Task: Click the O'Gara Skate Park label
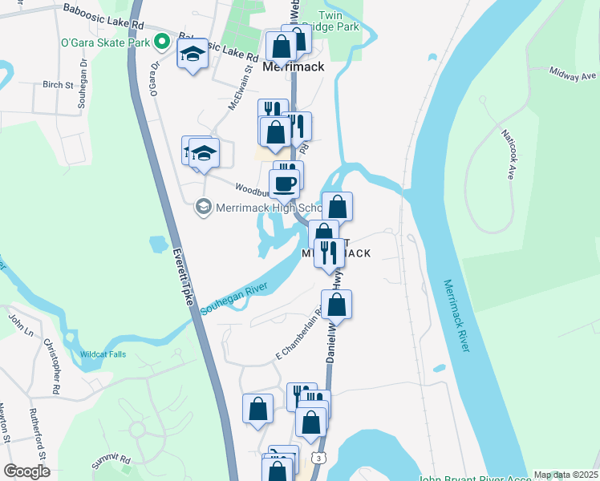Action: [x=106, y=42]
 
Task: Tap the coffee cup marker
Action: [x=284, y=184]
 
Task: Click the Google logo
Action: [x=26, y=471]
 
